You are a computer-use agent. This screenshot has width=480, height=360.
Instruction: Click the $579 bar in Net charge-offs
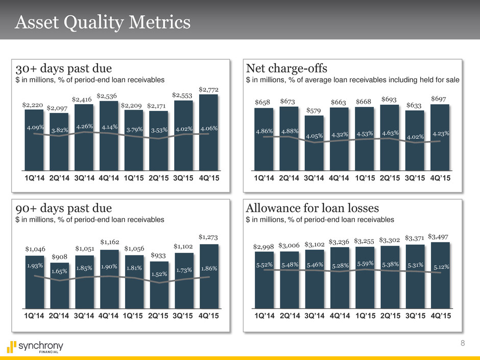(314, 148)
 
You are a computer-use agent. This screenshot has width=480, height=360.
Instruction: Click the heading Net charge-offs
(286, 68)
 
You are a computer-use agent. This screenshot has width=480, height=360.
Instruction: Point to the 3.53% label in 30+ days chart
(158, 131)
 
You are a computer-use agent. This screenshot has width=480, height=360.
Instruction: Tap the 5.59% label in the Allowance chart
(365, 264)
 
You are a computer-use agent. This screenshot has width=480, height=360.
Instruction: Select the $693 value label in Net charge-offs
(389, 98)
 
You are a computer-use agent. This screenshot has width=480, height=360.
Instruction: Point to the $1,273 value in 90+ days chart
(209, 237)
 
